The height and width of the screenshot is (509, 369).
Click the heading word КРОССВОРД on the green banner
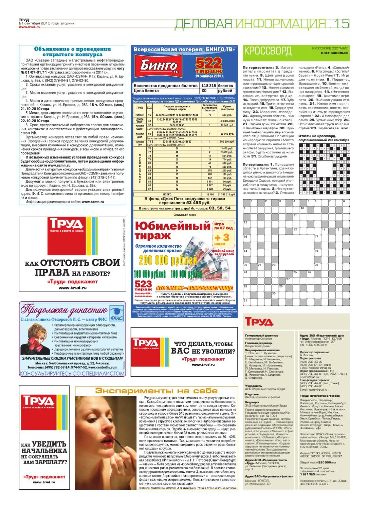267,51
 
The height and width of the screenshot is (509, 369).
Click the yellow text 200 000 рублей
168,260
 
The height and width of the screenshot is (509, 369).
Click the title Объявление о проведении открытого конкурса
72,52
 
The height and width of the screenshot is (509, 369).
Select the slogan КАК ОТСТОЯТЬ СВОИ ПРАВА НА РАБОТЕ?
72,267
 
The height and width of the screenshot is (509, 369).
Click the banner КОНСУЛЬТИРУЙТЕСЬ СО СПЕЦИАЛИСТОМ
72,373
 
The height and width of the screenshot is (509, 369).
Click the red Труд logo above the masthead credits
259,321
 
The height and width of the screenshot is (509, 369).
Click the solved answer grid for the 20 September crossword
324,168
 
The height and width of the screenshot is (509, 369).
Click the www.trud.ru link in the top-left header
30,27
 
